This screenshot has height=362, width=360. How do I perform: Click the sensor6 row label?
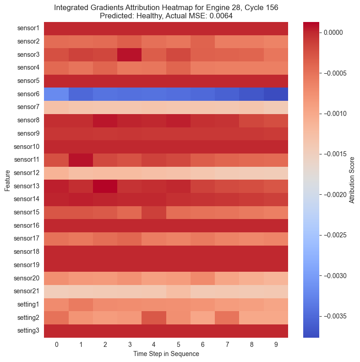coord(29,94)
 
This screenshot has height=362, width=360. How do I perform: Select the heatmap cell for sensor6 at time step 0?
coord(56,94)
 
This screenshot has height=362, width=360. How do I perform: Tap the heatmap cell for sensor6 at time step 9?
coord(276,94)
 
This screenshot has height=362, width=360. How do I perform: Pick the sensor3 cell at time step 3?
coord(130,55)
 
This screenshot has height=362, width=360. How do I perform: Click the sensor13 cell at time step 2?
coord(105,186)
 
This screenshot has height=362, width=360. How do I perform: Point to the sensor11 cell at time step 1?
coord(81,160)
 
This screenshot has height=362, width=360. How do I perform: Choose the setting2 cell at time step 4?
coord(154,318)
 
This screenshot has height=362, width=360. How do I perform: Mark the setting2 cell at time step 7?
coord(227,318)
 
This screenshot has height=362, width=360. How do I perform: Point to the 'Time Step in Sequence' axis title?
coord(166,354)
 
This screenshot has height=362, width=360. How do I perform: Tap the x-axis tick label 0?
coord(56,344)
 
